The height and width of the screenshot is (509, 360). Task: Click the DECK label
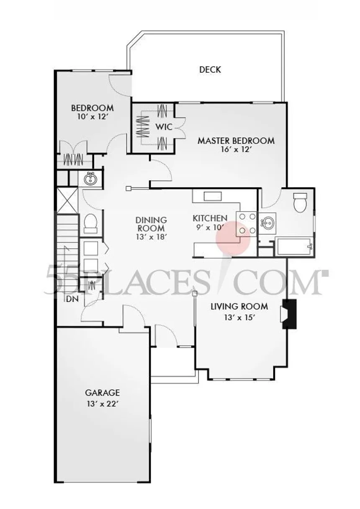[x=210, y=70]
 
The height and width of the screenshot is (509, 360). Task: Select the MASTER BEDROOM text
[x=236, y=141]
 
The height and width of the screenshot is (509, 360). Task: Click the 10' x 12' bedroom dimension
[x=92, y=118]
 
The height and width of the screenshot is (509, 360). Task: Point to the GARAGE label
[x=103, y=393]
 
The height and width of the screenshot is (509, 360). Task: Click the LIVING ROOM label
[x=239, y=307]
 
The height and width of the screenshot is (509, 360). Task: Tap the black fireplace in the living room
[x=289, y=314]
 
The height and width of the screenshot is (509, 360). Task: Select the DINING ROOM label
[x=151, y=224]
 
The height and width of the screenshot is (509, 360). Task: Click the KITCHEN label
[x=210, y=218]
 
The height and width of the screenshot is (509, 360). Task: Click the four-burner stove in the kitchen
[x=247, y=224]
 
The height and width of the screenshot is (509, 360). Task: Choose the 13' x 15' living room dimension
[x=239, y=317]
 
